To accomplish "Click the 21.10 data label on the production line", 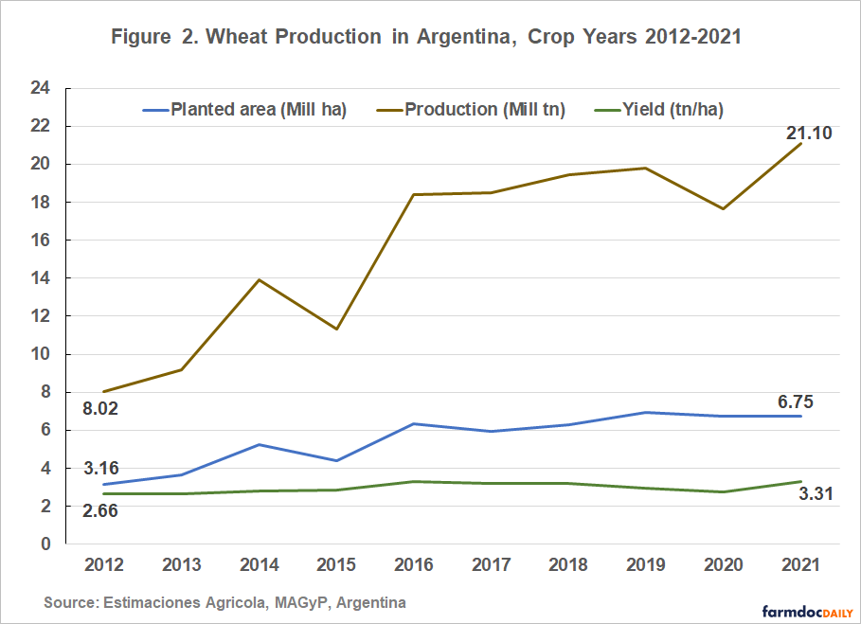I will pos(809,134).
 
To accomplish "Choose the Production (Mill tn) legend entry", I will pos(485,110).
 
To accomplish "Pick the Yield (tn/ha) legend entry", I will pos(668,110).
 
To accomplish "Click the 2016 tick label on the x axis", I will pos(414,564).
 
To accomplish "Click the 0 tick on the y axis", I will pos(44,544).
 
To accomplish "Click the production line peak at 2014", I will pos(259,280).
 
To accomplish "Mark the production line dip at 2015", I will pos(336,329).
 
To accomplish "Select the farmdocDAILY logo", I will pos(803,611).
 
